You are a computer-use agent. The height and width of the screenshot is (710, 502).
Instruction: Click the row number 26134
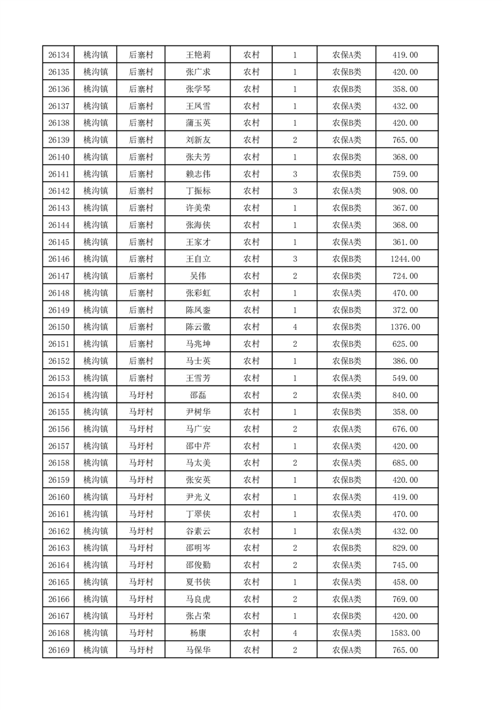58,55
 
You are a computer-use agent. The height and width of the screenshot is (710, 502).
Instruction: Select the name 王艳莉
198,55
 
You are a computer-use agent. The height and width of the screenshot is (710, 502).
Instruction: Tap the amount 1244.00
405,259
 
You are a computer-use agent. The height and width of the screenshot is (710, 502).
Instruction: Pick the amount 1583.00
405,633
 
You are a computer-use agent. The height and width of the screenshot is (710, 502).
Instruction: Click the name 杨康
198,633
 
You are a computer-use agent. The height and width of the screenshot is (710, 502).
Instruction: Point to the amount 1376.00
405,327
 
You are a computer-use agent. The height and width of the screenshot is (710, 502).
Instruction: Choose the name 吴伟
198,276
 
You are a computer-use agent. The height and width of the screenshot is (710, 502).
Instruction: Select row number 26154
58,395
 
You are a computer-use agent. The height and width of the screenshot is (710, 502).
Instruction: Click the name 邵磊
198,395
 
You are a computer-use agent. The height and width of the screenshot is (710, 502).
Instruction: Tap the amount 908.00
405,191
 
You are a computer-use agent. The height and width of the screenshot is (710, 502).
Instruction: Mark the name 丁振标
198,191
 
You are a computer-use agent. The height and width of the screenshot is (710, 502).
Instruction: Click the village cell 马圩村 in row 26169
141,650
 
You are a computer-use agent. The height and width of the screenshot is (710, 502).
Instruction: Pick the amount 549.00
405,378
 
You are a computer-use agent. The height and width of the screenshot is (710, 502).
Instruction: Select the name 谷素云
198,531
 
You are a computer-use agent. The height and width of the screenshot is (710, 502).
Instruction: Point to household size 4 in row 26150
295,327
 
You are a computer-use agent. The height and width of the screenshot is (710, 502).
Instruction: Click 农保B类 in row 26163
346,548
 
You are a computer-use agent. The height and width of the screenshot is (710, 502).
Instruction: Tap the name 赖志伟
198,174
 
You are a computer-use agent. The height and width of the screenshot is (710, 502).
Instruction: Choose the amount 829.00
405,548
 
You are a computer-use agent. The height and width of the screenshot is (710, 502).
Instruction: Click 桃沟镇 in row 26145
96,242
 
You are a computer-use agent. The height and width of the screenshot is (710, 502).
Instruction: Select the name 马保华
198,650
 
